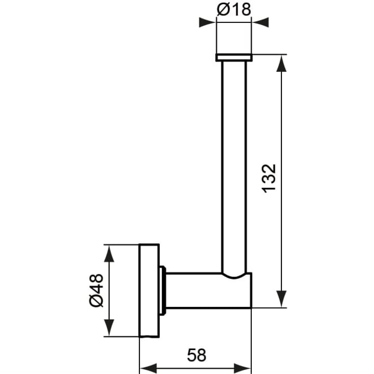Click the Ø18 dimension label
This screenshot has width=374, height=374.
pyautogui.click(x=234, y=10)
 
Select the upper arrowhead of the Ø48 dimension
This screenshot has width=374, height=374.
pyautogui.click(x=109, y=253)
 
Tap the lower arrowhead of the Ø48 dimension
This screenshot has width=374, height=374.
pyautogui.click(x=109, y=328)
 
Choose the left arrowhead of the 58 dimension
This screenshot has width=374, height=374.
pyautogui.click(x=148, y=368)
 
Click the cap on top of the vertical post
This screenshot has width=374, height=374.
pyautogui.click(x=234, y=57)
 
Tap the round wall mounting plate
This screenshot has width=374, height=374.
pyautogui.click(x=149, y=291)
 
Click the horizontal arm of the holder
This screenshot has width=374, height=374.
pyautogui.click(x=204, y=291)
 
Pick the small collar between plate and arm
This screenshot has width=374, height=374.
pyautogui.click(x=163, y=291)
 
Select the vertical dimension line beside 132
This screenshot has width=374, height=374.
pyautogui.click(x=280, y=127)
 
